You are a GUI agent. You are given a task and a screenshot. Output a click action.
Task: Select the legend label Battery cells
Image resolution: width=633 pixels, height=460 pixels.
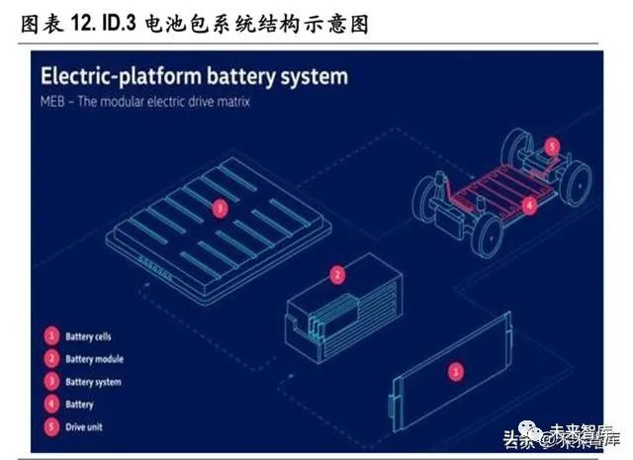tap(91, 337)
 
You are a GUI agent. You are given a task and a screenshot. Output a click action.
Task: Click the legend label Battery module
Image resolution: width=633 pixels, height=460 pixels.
tap(95, 359)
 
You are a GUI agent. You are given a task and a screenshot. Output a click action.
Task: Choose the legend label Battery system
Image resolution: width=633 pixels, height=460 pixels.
tap(94, 382)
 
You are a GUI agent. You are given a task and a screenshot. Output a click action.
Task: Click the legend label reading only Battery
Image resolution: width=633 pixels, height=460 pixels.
tap(79, 404)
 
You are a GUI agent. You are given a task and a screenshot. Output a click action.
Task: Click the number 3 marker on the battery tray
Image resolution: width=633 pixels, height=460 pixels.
tap(220, 208)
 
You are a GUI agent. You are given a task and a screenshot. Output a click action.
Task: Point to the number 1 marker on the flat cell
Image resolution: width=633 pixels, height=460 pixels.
tap(455, 371)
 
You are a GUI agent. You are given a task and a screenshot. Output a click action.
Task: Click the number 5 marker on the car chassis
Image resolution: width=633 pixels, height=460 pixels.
tap(551, 145)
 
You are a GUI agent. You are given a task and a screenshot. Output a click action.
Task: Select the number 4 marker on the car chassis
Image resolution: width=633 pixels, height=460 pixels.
tap(530, 206)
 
